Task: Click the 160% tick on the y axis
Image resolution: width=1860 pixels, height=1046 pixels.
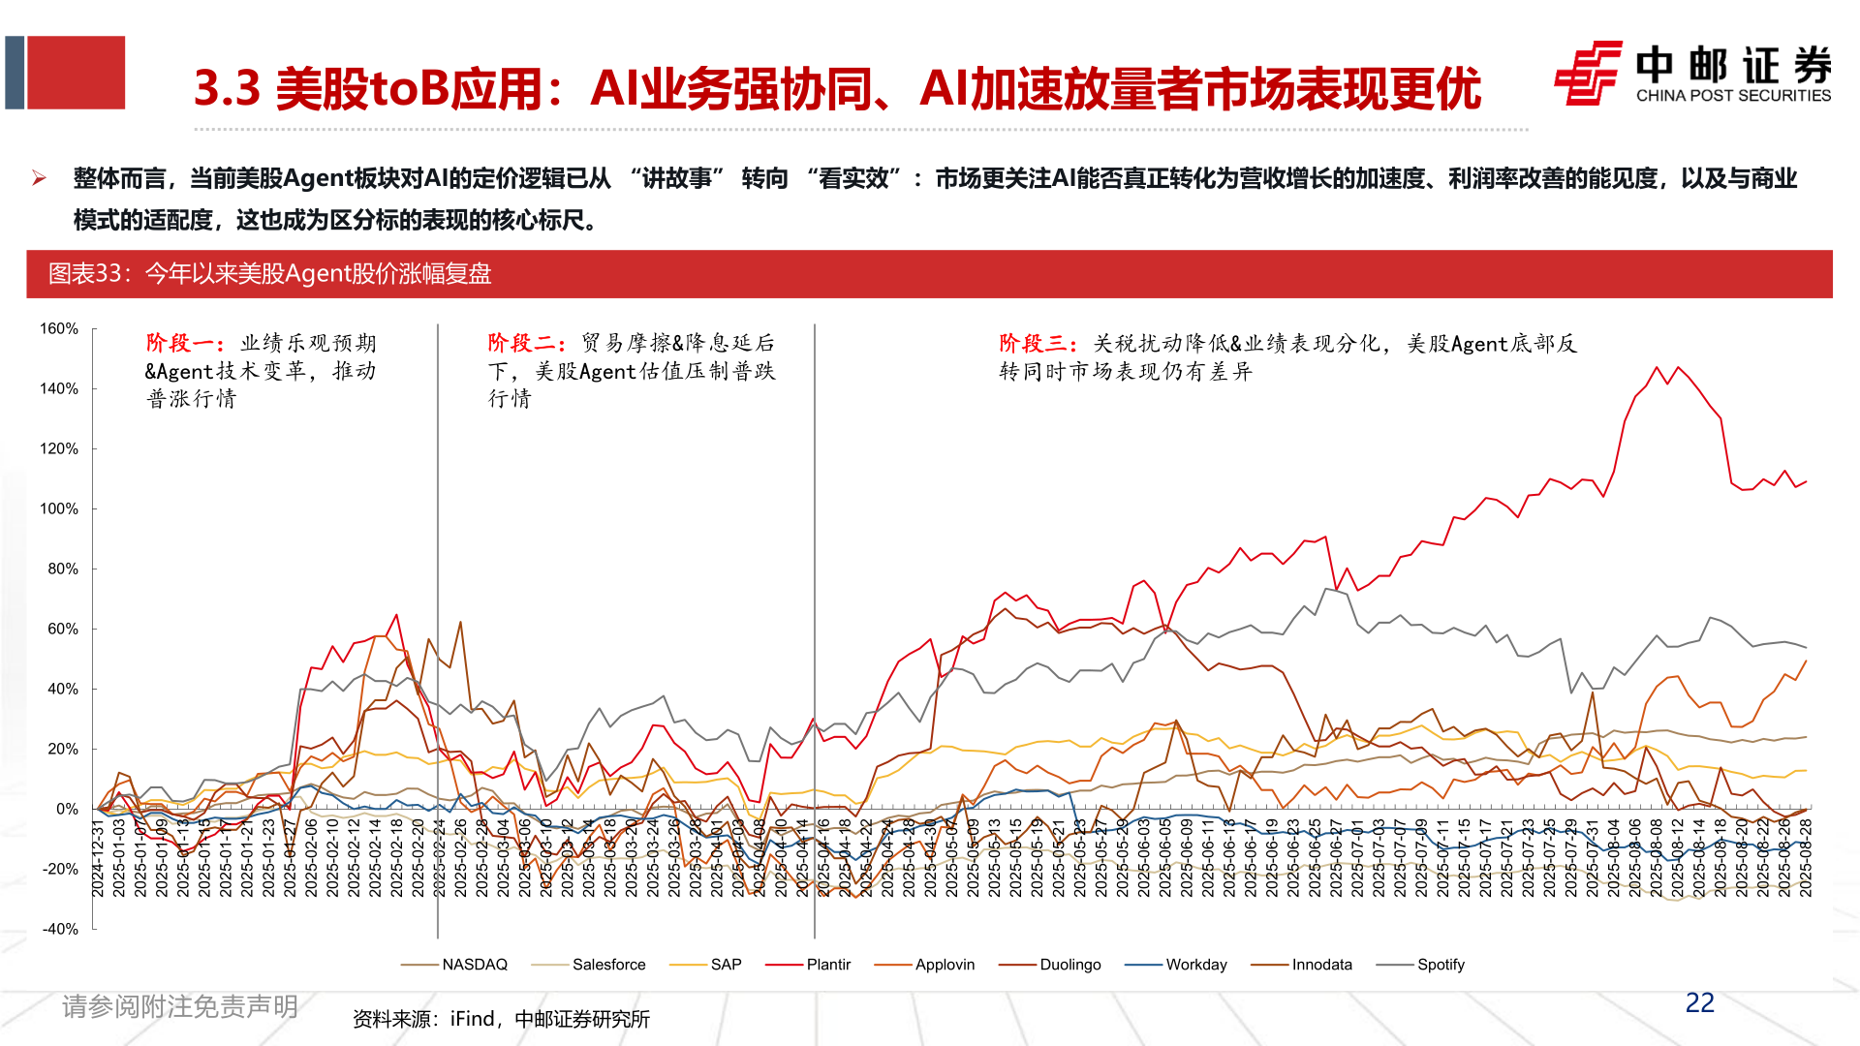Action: pos(59,329)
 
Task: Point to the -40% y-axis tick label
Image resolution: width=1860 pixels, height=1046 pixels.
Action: pos(59,929)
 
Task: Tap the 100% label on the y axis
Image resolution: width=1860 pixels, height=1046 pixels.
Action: pos(59,509)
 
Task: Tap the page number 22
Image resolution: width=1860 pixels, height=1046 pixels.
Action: pos(1699,1003)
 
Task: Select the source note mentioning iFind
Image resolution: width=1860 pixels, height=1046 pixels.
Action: pos(501,1019)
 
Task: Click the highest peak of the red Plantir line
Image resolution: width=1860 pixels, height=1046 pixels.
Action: pos(1657,367)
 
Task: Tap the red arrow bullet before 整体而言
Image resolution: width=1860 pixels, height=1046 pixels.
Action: pos(39,178)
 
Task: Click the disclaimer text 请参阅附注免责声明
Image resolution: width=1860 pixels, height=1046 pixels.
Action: pos(180,1007)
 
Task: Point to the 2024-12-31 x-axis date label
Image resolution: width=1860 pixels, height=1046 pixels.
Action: pos(98,858)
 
